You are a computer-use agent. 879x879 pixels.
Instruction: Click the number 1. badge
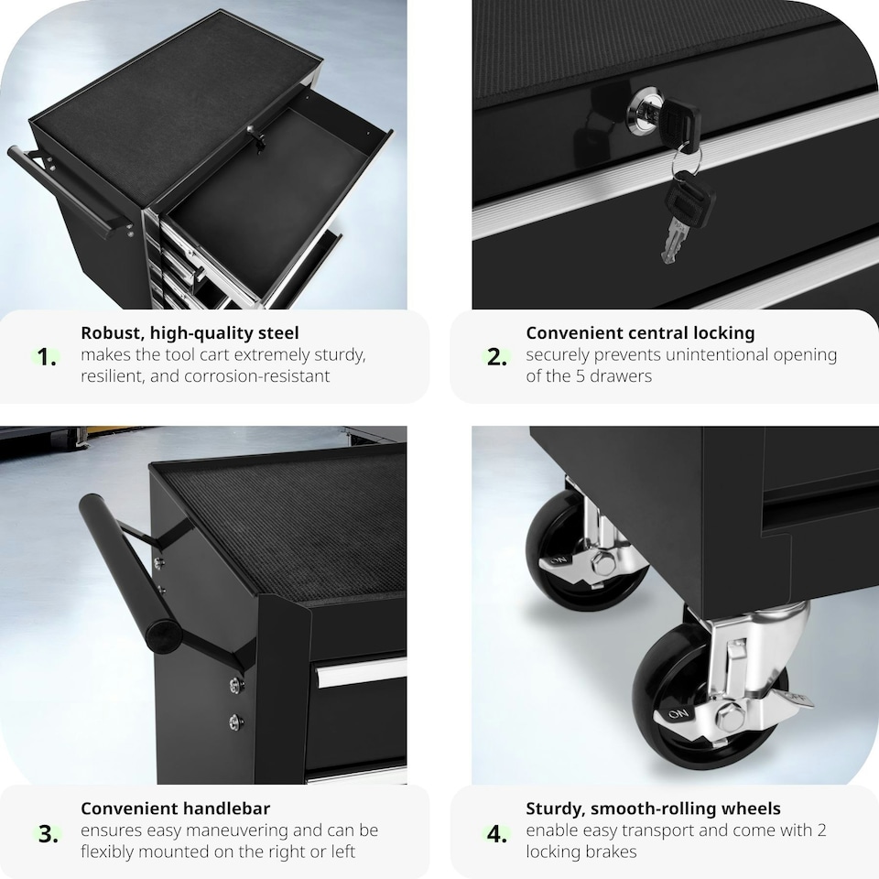pyautogui.click(x=47, y=357)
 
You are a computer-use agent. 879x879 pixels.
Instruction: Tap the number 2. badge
pyautogui.click(x=496, y=357)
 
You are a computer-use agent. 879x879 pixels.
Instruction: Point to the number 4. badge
pyautogui.click(x=496, y=833)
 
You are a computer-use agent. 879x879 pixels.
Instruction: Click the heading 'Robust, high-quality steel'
pyautogui.click(x=190, y=333)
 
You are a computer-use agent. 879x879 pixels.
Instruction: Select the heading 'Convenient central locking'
pyautogui.click(x=640, y=333)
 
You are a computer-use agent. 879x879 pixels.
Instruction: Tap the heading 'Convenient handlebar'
pyautogui.click(x=175, y=808)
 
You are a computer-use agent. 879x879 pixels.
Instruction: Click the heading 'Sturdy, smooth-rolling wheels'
pyautogui.click(x=653, y=808)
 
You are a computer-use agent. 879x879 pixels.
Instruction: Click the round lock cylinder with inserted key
pyautogui.click(x=646, y=113)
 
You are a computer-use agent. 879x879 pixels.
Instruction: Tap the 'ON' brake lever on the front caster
pyautogui.click(x=680, y=715)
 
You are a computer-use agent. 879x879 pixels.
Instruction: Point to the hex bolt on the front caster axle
pyautogui.click(x=730, y=717)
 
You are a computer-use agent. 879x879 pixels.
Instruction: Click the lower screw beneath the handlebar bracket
pyautogui.click(x=236, y=722)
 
